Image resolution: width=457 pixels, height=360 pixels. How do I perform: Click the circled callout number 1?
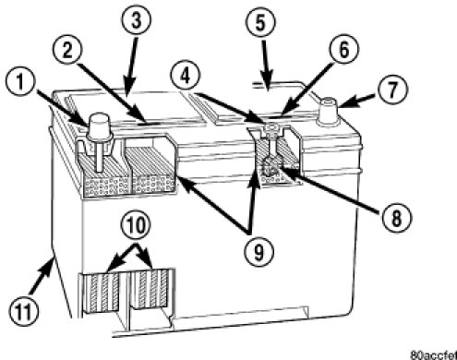point(20,82)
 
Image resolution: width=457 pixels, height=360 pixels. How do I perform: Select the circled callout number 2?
point(67,51)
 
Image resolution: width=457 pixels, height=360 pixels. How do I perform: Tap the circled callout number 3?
point(137,19)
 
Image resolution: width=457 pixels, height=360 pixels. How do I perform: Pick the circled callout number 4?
point(186,76)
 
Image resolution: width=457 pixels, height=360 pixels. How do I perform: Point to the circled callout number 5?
point(260,23)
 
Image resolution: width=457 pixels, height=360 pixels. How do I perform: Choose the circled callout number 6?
point(343,50)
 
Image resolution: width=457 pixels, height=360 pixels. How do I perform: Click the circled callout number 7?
point(391,90)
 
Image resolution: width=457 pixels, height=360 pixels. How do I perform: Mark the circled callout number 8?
point(396,219)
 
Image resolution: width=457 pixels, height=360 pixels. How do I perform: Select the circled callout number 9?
point(259,252)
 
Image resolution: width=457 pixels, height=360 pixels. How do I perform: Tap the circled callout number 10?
point(137,225)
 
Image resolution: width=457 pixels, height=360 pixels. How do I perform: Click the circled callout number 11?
point(23,311)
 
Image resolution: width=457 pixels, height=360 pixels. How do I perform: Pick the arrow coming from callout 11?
point(42,276)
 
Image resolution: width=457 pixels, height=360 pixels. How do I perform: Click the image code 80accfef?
point(433,355)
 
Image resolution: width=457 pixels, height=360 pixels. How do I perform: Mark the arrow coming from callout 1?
point(62,107)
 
